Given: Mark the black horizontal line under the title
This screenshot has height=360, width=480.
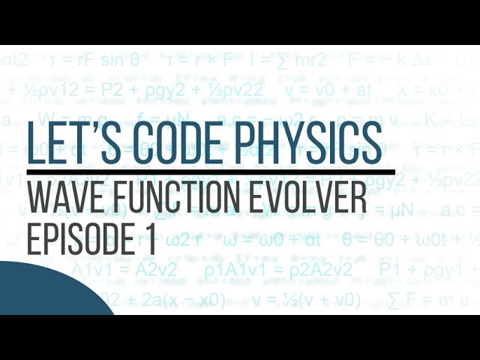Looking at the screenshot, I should tap(210, 172).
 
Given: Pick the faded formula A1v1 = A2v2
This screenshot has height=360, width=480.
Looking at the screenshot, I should tap(124, 271).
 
